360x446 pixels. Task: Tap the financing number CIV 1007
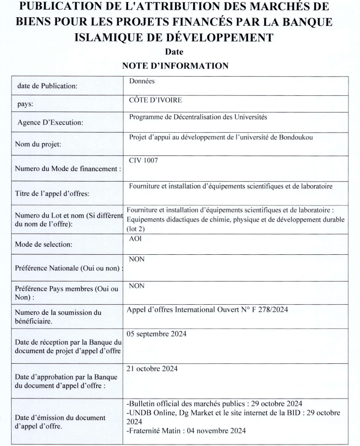point(143,160)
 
